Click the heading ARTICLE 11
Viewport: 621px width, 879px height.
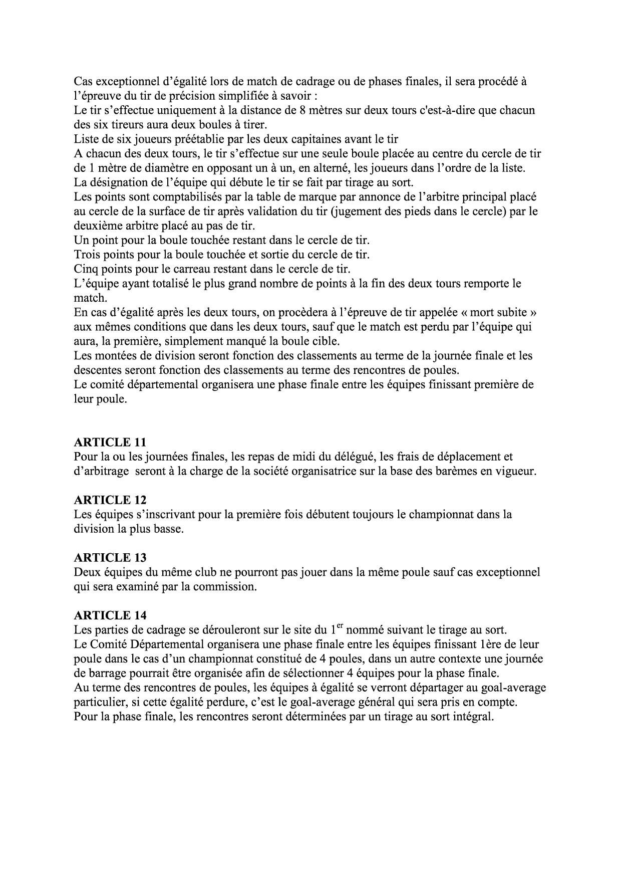click(110, 442)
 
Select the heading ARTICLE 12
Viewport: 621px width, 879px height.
click(110, 500)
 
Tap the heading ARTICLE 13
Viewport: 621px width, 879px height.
click(110, 557)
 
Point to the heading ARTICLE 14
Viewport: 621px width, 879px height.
click(110, 615)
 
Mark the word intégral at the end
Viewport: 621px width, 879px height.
click(472, 716)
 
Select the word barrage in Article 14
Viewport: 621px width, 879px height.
click(107, 673)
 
